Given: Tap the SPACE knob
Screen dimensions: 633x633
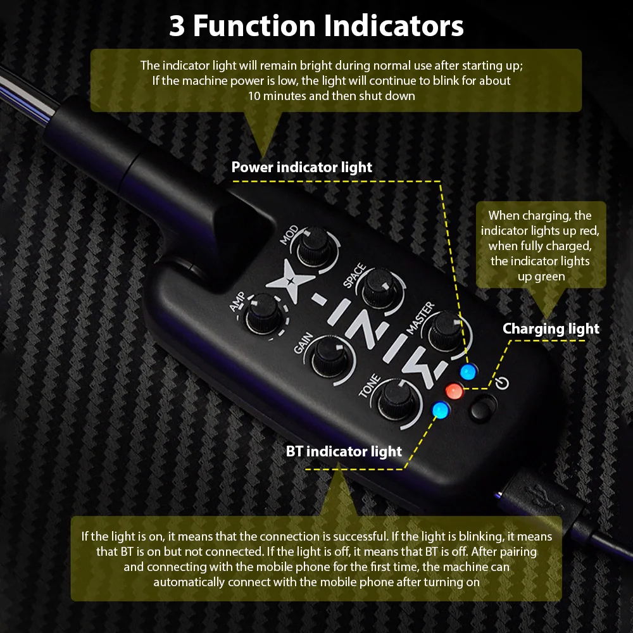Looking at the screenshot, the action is (379, 287).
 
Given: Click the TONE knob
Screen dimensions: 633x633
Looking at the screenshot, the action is (398, 399).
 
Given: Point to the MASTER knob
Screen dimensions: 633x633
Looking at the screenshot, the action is (445, 331).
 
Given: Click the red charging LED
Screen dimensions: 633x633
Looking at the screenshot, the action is (454, 391).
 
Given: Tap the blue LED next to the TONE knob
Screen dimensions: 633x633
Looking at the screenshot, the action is (441, 410).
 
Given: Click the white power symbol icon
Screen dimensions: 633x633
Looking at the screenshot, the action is (502, 383).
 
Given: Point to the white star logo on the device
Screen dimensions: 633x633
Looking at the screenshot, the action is (290, 281).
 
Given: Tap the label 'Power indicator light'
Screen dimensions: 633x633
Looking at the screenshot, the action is (301, 167).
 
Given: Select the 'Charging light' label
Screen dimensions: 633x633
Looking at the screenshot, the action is (551, 329).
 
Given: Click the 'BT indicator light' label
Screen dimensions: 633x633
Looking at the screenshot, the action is (344, 451).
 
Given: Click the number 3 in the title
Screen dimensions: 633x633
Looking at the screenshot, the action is (177, 26).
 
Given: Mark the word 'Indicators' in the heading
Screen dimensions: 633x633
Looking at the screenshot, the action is (394, 26).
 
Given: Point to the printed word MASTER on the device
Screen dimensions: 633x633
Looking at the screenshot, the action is (420, 318).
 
